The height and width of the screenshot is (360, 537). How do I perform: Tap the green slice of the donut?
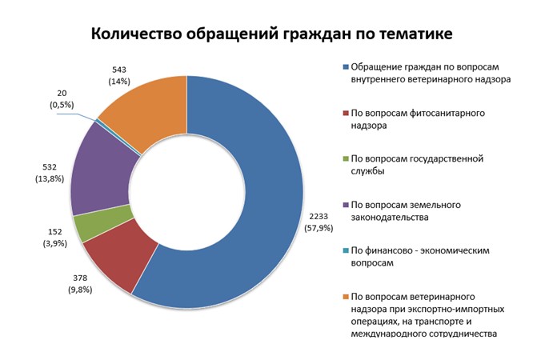click(102, 223)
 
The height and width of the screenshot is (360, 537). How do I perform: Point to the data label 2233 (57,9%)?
click(319, 222)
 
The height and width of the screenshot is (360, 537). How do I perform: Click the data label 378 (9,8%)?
click(80, 284)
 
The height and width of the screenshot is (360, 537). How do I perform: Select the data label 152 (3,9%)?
click(54, 238)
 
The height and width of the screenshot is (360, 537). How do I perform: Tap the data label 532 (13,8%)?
click(50, 173)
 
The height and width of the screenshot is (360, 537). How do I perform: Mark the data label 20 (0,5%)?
click(62, 99)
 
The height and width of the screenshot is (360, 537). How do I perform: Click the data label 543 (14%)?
click(119, 76)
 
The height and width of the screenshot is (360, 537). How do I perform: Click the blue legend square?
click(346, 66)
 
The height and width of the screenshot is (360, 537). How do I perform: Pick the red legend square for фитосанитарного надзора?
click(346, 113)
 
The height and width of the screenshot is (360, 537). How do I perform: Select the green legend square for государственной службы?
click(346, 158)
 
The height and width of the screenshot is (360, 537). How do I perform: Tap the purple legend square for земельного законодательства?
click(346, 205)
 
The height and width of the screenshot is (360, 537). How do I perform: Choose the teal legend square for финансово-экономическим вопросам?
click(346, 250)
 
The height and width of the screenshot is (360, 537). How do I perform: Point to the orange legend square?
click(346, 297)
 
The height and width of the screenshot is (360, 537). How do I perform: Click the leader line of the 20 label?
click(77, 116)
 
